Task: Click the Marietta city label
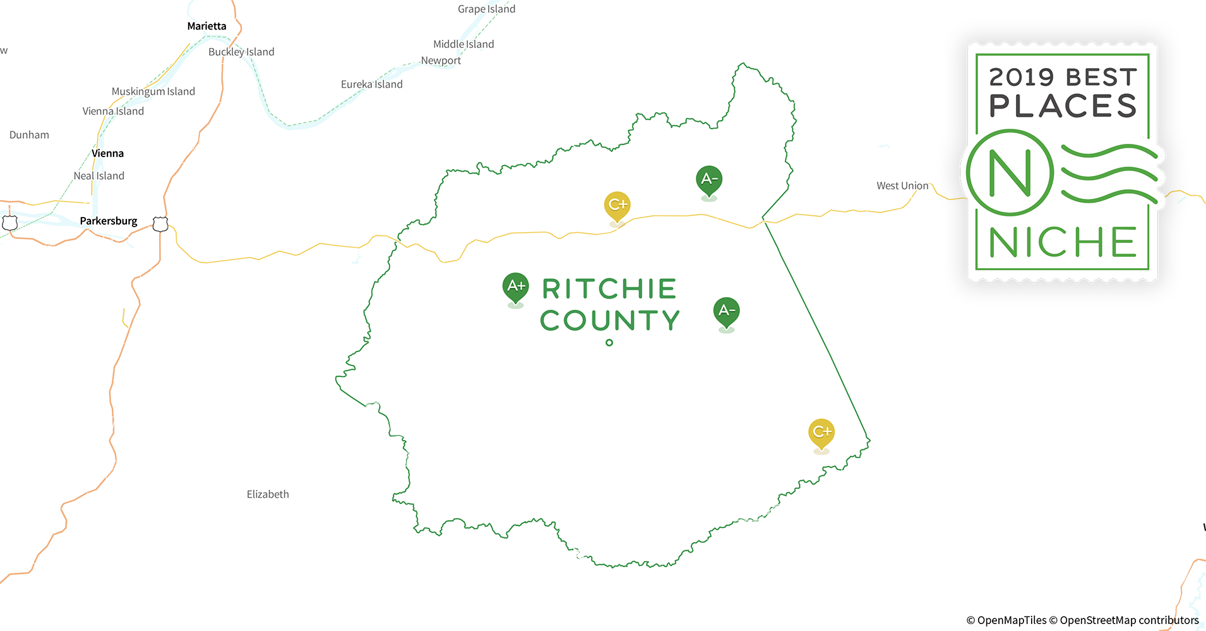[x=206, y=26]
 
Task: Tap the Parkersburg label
[x=109, y=221]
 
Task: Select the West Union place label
[x=902, y=186]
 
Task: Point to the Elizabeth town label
[x=268, y=494]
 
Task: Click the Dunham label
[x=29, y=134]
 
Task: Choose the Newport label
[x=441, y=61]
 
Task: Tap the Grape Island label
[x=486, y=9]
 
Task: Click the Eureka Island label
[x=371, y=84]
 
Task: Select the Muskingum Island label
[x=153, y=91]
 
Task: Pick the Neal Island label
[x=99, y=175]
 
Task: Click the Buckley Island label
[x=241, y=52]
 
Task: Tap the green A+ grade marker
[x=516, y=287]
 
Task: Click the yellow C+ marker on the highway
[x=617, y=206]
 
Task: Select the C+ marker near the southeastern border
[x=821, y=433]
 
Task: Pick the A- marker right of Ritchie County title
[x=726, y=312]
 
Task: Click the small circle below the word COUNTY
[x=609, y=343]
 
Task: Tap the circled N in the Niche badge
[x=1010, y=173]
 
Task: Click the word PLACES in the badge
[x=1063, y=106]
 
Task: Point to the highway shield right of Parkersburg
[x=160, y=224]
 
